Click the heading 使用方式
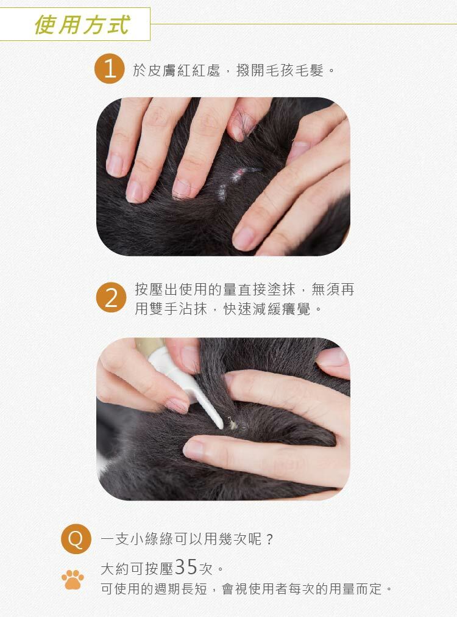pos(82,24)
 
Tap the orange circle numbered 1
pos(110,69)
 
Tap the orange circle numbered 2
pos(112,297)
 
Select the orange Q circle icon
pos(76,539)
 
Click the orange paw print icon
pos(73,579)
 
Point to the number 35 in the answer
pos(186,567)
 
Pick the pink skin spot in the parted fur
pos(239,172)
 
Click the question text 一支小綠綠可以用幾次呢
pos(181,539)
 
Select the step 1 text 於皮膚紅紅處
pos(176,70)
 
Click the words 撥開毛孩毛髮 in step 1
pos(280,70)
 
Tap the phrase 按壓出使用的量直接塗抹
pos(215,289)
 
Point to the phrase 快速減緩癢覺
pos(267,309)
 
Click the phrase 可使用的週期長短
pos(154,589)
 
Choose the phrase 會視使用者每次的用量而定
pos(302,589)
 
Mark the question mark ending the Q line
pos(269,539)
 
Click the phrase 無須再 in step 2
pos(333,289)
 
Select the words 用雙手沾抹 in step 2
pos(171,309)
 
